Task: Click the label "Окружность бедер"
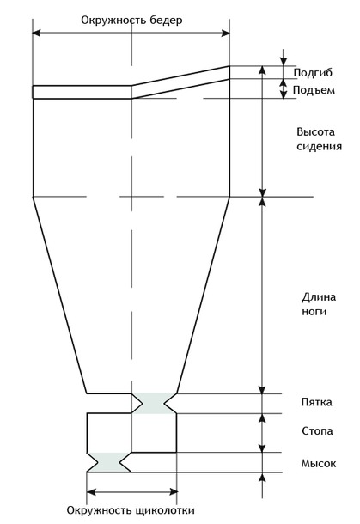[131, 21]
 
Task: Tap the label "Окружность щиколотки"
[131, 510]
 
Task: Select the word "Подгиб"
[313, 73]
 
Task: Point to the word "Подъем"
[314, 90]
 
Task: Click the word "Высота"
[315, 131]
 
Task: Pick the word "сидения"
[320, 146]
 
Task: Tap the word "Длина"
[319, 297]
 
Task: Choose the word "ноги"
[314, 312]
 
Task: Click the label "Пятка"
[316, 402]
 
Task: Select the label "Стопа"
[317, 430]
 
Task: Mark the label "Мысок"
[319, 463]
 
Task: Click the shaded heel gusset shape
[155, 404]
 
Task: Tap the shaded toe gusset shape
[109, 462]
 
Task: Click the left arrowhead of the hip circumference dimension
[36, 33]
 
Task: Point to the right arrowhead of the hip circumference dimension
[226, 33]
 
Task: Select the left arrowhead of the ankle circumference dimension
[91, 491]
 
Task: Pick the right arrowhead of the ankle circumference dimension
[174, 491]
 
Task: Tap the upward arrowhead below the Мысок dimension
[262, 477]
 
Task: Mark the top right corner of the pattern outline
[229, 66]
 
